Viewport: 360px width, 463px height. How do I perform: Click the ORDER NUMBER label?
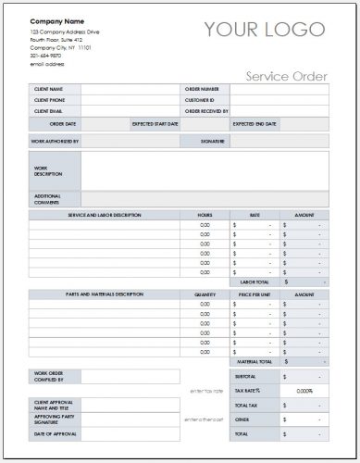203,90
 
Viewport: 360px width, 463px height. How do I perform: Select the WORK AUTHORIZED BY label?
55,142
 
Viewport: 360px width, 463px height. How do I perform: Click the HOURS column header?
205,215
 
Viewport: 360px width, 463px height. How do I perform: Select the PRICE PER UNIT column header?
254,294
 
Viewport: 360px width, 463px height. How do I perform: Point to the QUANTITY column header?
205,294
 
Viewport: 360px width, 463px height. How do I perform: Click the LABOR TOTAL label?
255,281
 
